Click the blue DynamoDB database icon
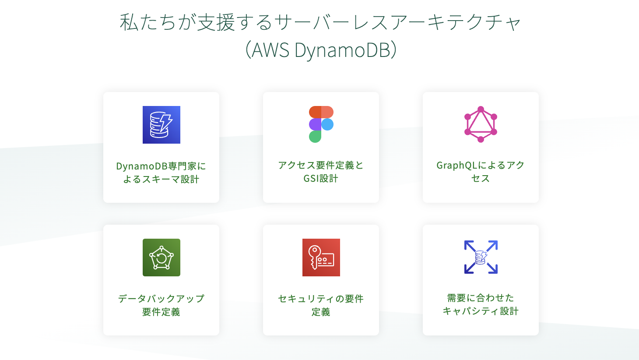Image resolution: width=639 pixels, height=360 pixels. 161,125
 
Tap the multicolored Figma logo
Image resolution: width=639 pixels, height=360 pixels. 321,124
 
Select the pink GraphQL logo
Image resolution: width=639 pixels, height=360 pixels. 481,124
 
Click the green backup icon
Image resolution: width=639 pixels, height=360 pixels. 161,258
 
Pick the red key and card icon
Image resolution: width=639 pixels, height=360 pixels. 321,258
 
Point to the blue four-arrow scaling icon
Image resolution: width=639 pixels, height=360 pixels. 481,257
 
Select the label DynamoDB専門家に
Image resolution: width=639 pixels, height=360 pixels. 161,166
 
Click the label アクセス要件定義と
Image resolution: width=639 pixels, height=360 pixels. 321,165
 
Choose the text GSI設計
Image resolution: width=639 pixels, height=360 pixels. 321,178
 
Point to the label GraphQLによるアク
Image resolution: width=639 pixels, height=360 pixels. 481,165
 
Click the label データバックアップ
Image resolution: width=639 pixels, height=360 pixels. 161,299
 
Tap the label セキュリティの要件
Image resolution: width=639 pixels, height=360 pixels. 321,299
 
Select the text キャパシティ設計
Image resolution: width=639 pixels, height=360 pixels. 481,311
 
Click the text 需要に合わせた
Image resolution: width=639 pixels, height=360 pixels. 481,298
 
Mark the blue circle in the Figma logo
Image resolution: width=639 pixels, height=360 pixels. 327,124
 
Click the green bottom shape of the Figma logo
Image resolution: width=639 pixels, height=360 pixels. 315,137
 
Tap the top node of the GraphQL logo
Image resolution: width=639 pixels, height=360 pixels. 481,109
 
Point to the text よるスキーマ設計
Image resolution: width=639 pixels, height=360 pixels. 161,179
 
